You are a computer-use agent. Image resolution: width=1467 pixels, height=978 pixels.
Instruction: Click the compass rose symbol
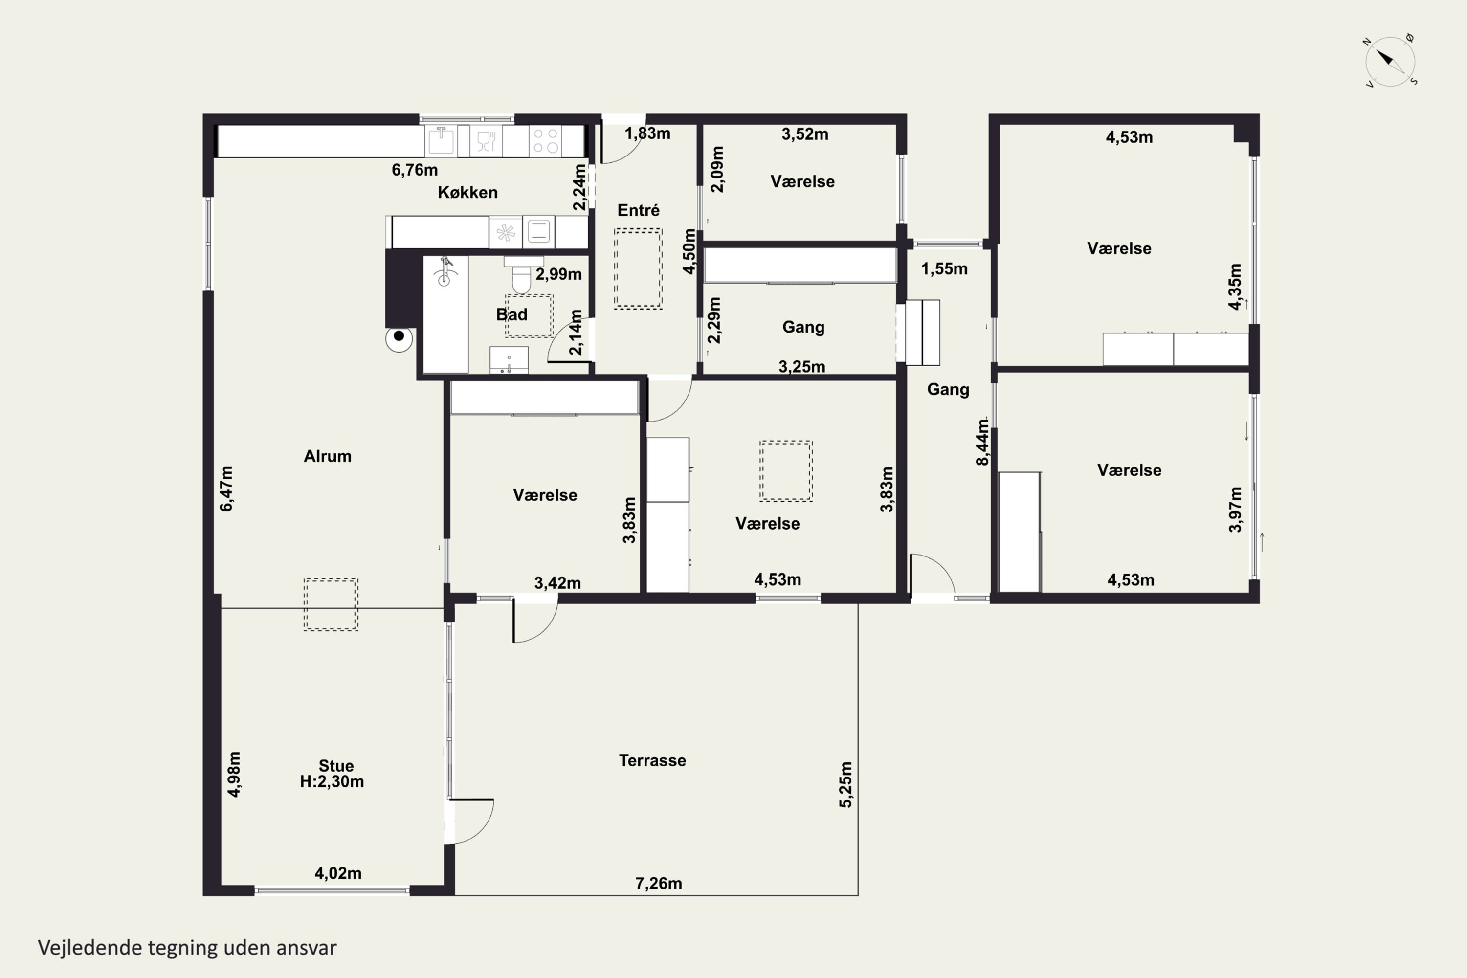tap(1390, 61)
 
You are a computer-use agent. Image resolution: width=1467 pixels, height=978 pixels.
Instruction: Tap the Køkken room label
tap(467, 192)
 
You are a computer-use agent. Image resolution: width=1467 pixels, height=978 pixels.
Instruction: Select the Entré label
tap(638, 210)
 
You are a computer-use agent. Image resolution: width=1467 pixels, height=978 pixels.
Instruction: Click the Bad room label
tap(511, 314)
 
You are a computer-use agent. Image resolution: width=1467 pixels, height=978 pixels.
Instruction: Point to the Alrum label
tap(328, 456)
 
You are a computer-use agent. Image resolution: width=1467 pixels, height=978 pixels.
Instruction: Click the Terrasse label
tap(652, 760)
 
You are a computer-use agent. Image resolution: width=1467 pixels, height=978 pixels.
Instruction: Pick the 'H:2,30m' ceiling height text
tap(332, 781)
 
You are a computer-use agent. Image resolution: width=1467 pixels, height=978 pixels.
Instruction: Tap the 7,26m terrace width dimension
tap(659, 883)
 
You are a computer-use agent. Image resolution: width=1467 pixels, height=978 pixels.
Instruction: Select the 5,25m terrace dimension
tap(845, 785)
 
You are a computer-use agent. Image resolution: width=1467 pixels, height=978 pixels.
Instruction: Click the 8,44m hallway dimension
tap(982, 442)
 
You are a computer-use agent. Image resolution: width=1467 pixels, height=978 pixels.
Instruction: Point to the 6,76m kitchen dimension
tap(415, 170)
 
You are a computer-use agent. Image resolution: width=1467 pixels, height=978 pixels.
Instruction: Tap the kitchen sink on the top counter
tap(441, 141)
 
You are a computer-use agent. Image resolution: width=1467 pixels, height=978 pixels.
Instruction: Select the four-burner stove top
tap(546, 141)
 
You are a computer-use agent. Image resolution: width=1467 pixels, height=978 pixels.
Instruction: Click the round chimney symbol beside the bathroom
tap(399, 337)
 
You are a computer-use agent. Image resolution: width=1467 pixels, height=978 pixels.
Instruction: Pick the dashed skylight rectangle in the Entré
tap(638, 269)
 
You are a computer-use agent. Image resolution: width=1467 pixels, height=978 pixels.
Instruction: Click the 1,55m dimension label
tap(944, 269)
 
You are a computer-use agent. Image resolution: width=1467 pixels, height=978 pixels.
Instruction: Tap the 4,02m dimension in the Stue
tap(338, 873)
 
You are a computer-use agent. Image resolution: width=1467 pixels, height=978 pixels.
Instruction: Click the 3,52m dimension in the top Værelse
tap(805, 134)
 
